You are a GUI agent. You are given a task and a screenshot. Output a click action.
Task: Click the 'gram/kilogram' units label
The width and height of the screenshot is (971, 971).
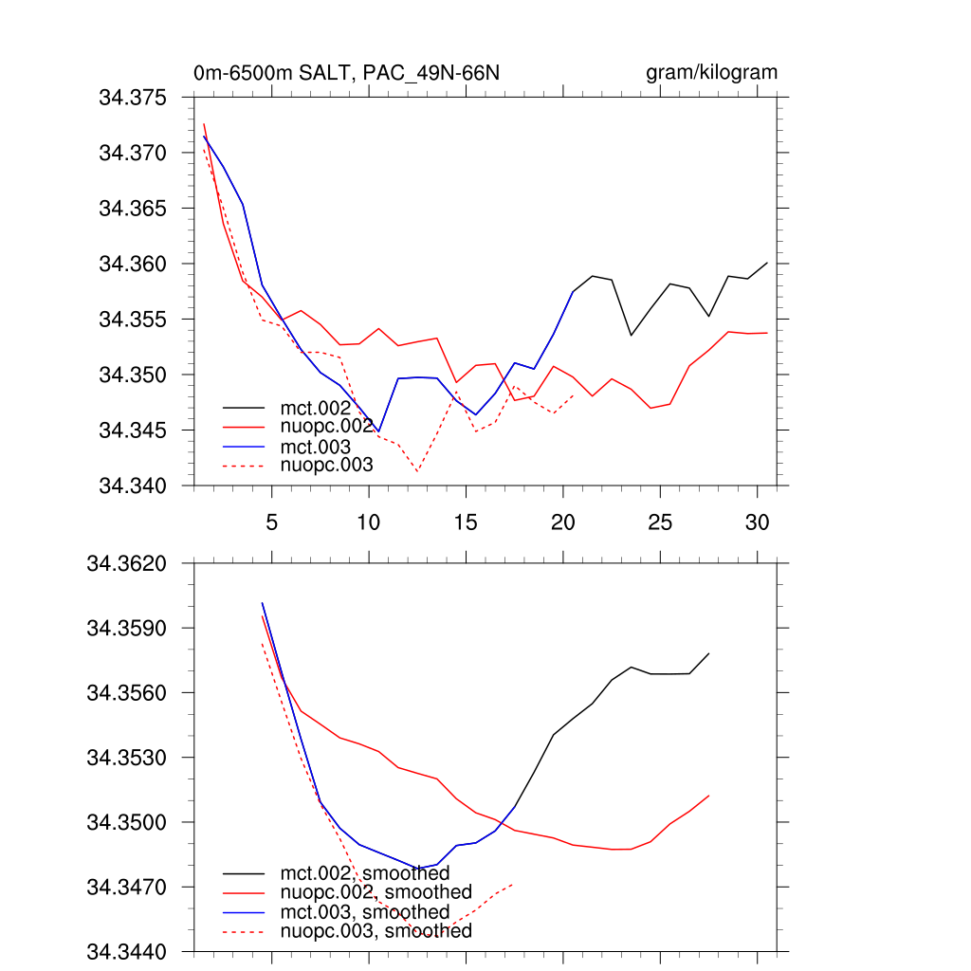click(711, 73)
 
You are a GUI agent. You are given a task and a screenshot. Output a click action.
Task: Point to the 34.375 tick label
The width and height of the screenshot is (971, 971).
click(133, 98)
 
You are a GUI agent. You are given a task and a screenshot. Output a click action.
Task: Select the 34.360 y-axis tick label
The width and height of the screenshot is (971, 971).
click(133, 264)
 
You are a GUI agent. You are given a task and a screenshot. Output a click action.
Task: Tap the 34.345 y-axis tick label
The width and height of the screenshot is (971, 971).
click(133, 431)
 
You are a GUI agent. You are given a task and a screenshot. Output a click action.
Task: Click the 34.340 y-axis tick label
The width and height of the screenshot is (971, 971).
click(133, 486)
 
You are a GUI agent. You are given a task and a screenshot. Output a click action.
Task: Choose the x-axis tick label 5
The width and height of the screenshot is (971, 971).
click(271, 522)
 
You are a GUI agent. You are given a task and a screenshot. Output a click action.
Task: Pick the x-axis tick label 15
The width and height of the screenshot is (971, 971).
click(466, 522)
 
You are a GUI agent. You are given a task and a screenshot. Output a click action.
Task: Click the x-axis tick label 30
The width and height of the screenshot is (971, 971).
click(757, 522)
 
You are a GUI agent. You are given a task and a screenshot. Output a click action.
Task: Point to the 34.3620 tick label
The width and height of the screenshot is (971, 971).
click(127, 564)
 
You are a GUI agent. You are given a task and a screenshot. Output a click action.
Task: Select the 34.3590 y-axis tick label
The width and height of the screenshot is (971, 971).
click(127, 629)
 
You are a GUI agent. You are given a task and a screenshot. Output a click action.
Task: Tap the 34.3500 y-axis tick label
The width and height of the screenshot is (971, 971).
click(127, 822)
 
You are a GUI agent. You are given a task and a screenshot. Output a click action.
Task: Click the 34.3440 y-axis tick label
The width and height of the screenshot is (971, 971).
click(127, 951)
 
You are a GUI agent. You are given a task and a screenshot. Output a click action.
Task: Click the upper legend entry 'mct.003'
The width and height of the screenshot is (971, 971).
click(315, 446)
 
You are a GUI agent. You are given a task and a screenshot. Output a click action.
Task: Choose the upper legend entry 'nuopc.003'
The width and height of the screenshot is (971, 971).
click(326, 465)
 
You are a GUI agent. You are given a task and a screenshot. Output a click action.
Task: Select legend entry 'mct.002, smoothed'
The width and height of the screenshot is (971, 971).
click(364, 872)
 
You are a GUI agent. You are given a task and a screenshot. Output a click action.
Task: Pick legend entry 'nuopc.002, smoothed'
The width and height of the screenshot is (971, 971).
click(376, 892)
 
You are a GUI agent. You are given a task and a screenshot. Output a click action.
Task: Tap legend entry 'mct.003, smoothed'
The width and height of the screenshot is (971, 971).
click(364, 912)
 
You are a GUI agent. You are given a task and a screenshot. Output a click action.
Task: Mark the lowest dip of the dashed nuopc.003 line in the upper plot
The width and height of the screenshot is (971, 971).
click(417, 471)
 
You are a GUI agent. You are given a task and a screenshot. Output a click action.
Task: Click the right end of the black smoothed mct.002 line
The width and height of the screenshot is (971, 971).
click(709, 653)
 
